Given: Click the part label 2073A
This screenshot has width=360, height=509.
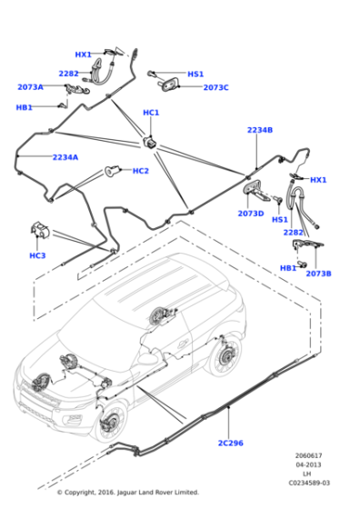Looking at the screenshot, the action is pyautogui.click(x=30, y=87).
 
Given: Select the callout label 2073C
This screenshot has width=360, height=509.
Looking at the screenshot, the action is pyautogui.click(x=215, y=87).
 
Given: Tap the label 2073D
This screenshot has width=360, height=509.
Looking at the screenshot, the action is pyautogui.click(x=251, y=214).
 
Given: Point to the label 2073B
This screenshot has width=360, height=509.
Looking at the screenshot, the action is pyautogui.click(x=318, y=274).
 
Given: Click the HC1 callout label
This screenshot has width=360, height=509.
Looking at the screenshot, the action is pyautogui.click(x=151, y=113).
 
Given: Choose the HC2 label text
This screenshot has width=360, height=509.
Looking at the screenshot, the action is pyautogui.click(x=141, y=171).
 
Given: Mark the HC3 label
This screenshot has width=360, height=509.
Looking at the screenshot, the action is pyautogui.click(x=37, y=255).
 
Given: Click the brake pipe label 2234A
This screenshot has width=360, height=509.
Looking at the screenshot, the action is pyautogui.click(x=65, y=157).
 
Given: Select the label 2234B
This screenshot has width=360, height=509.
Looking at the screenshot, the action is pyautogui.click(x=260, y=130).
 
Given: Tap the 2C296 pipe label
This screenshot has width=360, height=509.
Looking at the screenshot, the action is pyautogui.click(x=231, y=444).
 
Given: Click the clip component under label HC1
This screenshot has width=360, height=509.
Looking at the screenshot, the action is pyautogui.click(x=150, y=143).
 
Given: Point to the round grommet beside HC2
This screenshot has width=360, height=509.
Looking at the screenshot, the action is pyautogui.click(x=113, y=171).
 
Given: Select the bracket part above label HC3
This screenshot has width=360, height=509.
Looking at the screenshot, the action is pyautogui.click(x=40, y=229).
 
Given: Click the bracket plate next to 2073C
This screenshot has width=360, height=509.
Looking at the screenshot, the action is pyautogui.click(x=170, y=85).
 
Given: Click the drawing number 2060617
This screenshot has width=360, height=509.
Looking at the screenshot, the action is pyautogui.click(x=308, y=455).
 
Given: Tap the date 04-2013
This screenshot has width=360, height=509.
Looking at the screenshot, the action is pyautogui.click(x=308, y=464).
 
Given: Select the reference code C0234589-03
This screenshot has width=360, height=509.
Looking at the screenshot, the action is pyautogui.click(x=309, y=483).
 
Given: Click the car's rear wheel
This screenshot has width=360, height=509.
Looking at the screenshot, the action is pyautogui.click(x=225, y=356).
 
